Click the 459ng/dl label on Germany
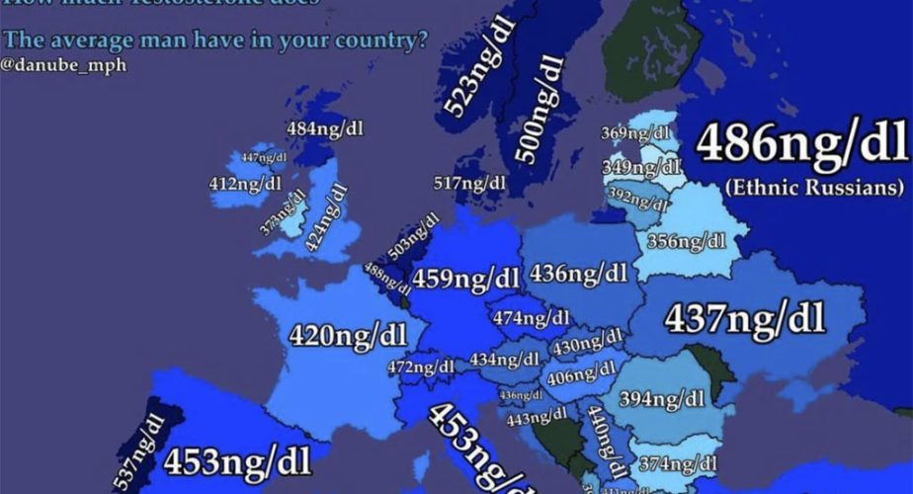point(466,279)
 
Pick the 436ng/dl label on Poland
point(579,272)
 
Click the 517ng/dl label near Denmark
point(470,183)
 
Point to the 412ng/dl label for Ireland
point(245,183)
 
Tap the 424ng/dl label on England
point(328,217)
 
